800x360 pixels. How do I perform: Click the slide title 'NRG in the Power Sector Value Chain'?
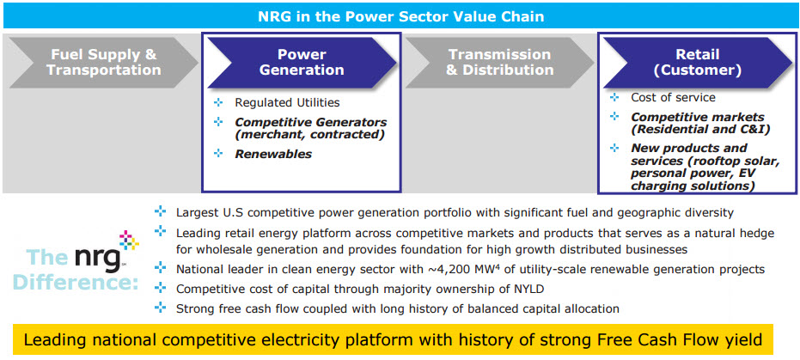[x=401, y=16]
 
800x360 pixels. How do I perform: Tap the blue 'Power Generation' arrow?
[x=302, y=62]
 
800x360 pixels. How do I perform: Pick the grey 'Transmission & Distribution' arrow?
[x=499, y=62]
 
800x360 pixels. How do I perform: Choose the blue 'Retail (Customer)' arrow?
[x=698, y=62]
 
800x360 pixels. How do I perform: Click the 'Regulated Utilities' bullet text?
[x=287, y=102]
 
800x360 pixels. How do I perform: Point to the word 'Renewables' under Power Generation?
[x=273, y=154]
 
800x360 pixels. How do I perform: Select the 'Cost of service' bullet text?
[x=673, y=97]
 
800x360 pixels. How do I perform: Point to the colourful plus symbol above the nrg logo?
[x=129, y=241]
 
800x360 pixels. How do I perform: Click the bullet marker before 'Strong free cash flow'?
[x=160, y=308]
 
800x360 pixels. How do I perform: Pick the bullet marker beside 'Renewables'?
[x=219, y=153]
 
